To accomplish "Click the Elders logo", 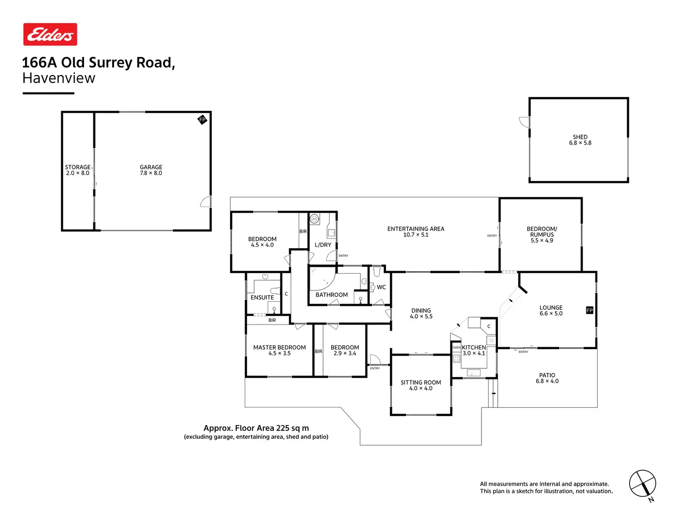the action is pyautogui.click(x=50, y=34).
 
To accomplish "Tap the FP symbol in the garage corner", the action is pyautogui.click(x=202, y=120).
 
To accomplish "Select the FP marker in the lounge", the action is pyautogui.click(x=590, y=310).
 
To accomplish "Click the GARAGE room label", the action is pyautogui.click(x=151, y=167).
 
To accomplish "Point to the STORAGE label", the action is pyautogui.click(x=77, y=167).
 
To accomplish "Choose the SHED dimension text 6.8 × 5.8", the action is pyautogui.click(x=580, y=143).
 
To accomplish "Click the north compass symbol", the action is pyautogui.click(x=642, y=484).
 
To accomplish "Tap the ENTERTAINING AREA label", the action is pyautogui.click(x=416, y=229).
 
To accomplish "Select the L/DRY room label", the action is pyautogui.click(x=323, y=245).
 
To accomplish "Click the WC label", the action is pyautogui.click(x=382, y=287).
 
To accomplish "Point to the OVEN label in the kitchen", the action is pyautogui.click(x=457, y=348).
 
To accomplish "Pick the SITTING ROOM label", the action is pyautogui.click(x=421, y=382).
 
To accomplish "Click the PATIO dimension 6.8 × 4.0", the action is pyautogui.click(x=547, y=381).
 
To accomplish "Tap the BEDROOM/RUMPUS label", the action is pyautogui.click(x=542, y=232).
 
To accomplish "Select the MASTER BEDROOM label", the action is pyautogui.click(x=279, y=348).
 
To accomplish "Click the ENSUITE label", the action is pyautogui.click(x=262, y=297).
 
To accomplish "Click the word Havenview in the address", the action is pyautogui.click(x=59, y=78).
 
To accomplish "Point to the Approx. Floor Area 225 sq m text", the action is pyautogui.click(x=256, y=428).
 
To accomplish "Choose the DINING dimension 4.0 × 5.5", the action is pyautogui.click(x=421, y=317).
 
